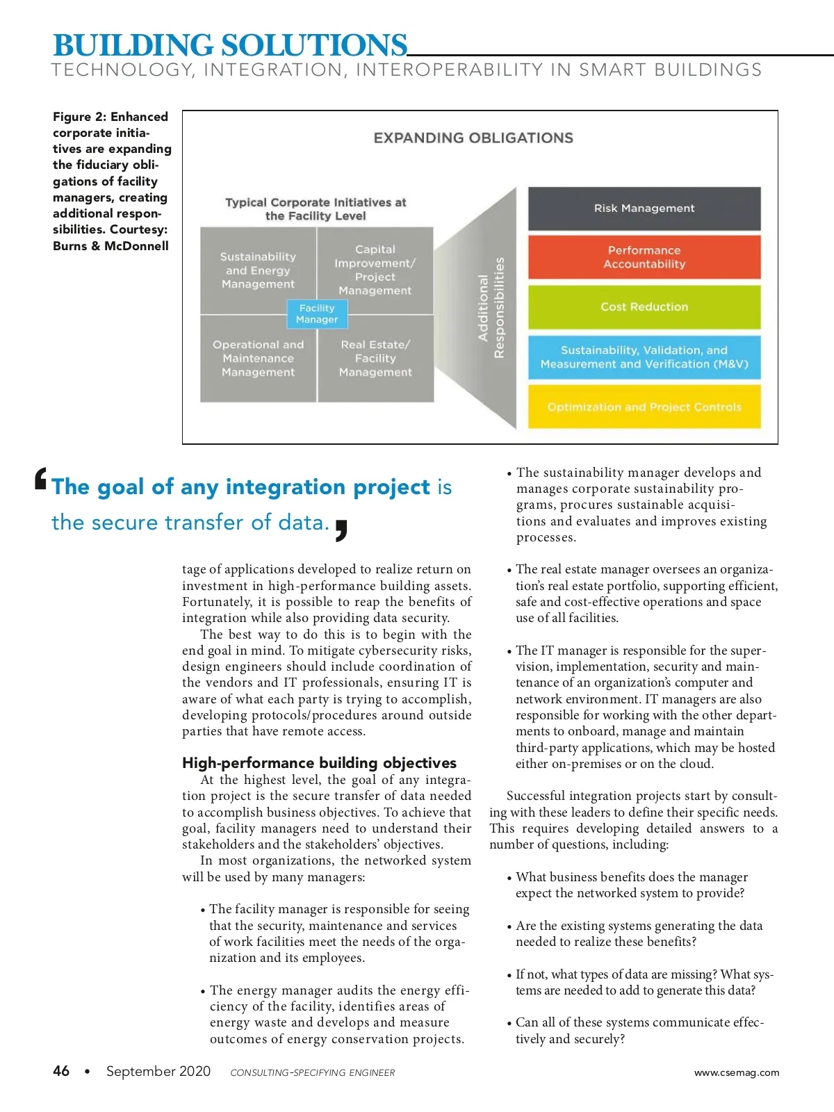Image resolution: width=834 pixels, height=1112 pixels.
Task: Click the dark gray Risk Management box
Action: [x=644, y=208]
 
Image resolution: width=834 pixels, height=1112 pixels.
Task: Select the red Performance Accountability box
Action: [x=644, y=257]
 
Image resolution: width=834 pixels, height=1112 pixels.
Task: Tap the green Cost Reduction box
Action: [x=644, y=306]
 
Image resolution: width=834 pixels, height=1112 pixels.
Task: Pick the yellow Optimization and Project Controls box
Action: [x=644, y=407]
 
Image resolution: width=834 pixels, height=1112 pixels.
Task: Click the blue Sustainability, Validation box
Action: [x=644, y=357]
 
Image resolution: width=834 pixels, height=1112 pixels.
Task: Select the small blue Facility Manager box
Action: [x=317, y=313]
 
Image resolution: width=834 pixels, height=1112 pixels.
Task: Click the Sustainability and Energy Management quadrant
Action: [x=258, y=270]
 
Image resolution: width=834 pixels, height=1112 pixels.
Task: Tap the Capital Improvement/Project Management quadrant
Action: [x=375, y=270]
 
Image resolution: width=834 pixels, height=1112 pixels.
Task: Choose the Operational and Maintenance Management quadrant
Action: [x=258, y=359]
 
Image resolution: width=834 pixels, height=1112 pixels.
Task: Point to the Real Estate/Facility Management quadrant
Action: [x=375, y=359]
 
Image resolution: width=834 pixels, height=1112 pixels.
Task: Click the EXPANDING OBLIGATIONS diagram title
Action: [x=473, y=138]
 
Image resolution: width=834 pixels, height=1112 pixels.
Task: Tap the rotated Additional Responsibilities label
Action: [x=491, y=308]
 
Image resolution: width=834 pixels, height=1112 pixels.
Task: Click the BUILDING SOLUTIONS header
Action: [x=230, y=45]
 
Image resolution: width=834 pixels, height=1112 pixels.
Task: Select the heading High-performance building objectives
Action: [x=319, y=762]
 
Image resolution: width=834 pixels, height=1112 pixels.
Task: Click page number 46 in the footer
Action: [x=61, y=1071]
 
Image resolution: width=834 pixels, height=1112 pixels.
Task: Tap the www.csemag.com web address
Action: [x=737, y=1072]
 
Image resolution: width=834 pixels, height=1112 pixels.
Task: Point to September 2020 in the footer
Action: [x=158, y=1071]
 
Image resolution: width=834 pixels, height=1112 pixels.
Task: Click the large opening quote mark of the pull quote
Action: [x=41, y=480]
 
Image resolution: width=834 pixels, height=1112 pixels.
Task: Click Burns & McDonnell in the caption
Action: [x=111, y=246]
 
